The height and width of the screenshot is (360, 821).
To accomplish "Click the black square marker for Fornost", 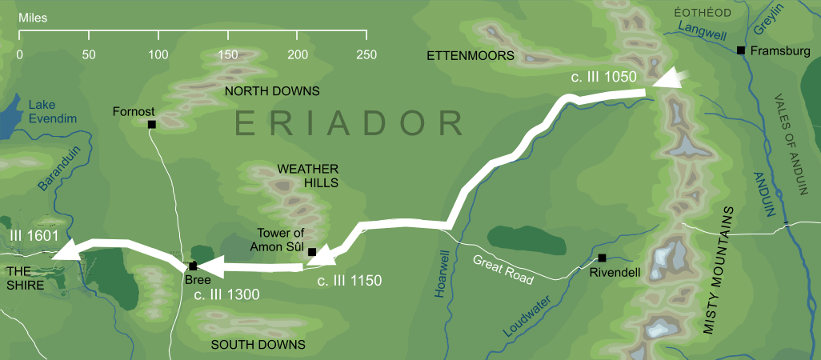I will click(151, 124).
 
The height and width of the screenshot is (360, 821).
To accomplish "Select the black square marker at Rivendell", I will click(602, 258).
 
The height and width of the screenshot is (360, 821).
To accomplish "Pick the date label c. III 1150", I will click(349, 281).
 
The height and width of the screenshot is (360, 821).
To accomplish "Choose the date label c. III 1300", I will click(226, 295).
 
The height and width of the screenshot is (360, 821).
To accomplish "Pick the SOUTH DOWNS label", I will click(258, 345).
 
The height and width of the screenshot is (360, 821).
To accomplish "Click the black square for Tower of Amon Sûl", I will click(312, 252).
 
